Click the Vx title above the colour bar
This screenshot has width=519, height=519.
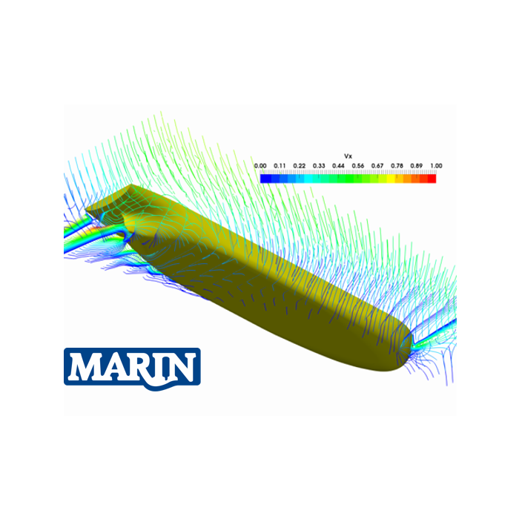[348, 157]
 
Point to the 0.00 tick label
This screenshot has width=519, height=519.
[260, 166]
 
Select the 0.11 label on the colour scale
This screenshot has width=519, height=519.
[280, 166]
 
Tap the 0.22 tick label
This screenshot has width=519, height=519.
[300, 166]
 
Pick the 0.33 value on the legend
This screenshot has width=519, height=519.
[319, 166]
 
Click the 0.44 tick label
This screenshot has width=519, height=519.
[338, 166]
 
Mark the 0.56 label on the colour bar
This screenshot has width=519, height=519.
[358, 166]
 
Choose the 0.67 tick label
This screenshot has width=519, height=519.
[377, 166]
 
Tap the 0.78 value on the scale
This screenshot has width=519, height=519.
[397, 166]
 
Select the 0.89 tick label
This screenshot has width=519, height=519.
[416, 166]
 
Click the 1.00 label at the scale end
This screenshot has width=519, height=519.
[436, 166]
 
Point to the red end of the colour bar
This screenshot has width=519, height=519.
[432, 178]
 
